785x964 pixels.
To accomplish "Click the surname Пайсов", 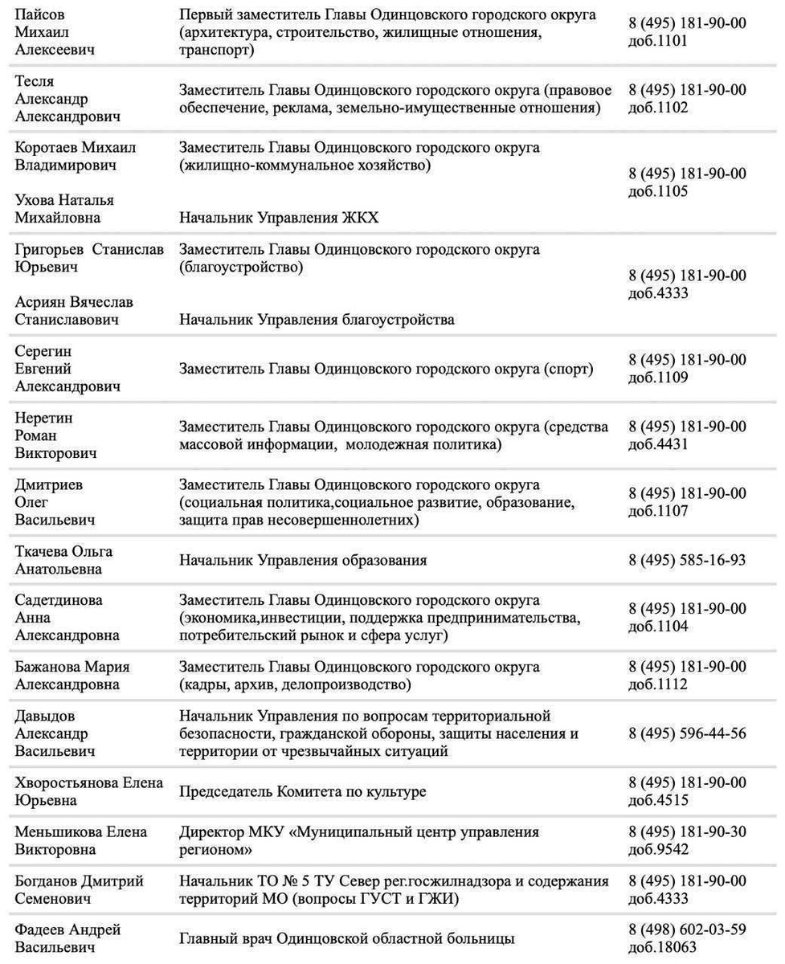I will pyautogui.click(x=41, y=15).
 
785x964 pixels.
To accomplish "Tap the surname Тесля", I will pyautogui.click(x=35, y=82).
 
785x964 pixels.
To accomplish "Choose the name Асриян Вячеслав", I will pyautogui.click(x=74, y=302).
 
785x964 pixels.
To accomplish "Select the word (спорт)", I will pyautogui.click(x=568, y=369).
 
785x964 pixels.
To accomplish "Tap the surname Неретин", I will pyautogui.click(x=43, y=418).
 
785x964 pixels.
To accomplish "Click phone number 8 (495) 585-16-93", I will pyautogui.click(x=686, y=560).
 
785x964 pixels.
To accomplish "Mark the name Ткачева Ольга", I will pyautogui.click(x=63, y=552).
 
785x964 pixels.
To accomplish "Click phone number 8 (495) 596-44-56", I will pyautogui.click(x=686, y=733).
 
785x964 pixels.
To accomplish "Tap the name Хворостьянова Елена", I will pyautogui.click(x=89, y=782).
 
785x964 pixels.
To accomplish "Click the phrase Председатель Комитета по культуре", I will pyautogui.click(x=302, y=792).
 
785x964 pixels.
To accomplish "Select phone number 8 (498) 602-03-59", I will pyautogui.click(x=686, y=929).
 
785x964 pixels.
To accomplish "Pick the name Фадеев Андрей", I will pyautogui.click(x=67, y=929).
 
